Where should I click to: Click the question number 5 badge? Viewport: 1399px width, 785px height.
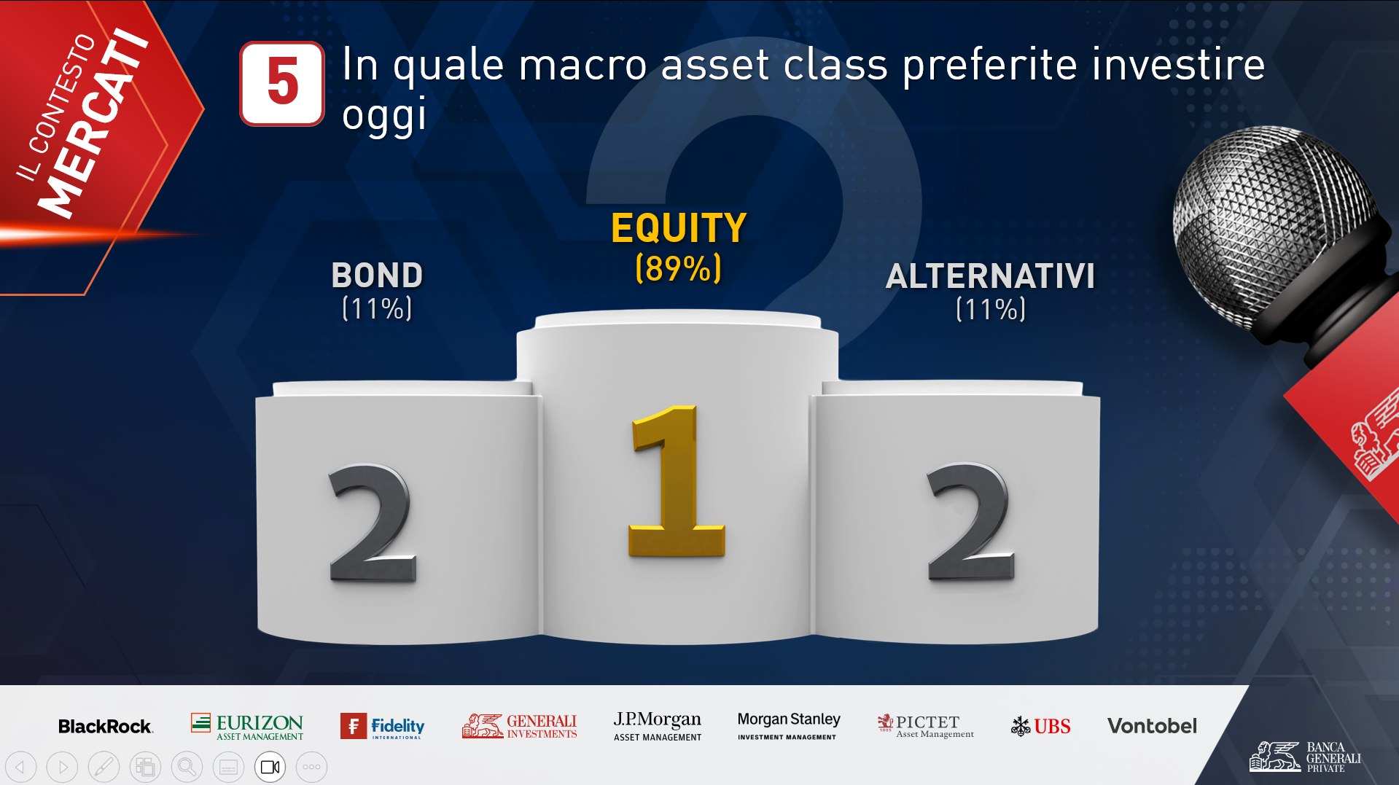click(x=282, y=83)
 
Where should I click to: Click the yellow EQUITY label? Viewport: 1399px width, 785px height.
click(x=679, y=228)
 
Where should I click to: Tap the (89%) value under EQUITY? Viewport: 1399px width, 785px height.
click(x=679, y=268)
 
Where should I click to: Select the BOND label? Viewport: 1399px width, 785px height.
click(x=377, y=276)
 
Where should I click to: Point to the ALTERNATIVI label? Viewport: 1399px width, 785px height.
click(x=990, y=276)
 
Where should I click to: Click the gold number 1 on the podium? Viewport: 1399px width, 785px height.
click(x=674, y=481)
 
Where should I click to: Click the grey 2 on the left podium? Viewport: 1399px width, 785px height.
click(x=373, y=522)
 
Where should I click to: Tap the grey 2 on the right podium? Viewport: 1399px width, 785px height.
click(x=970, y=522)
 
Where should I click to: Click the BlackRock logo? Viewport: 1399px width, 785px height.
click(x=106, y=727)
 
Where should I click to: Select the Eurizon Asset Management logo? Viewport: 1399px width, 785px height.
click(x=247, y=727)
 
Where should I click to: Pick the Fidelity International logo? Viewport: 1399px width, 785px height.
click(x=382, y=726)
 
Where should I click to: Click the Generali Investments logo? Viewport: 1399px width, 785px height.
click(x=519, y=726)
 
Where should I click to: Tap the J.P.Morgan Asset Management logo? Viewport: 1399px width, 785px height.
click(x=658, y=726)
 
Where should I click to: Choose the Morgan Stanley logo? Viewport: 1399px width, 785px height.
click(x=789, y=726)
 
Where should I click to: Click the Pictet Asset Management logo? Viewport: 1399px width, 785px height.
click(x=926, y=726)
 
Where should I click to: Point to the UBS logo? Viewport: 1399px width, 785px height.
click(x=1040, y=726)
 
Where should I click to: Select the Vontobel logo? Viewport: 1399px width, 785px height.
click(x=1152, y=726)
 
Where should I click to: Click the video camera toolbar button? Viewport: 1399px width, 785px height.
click(x=270, y=767)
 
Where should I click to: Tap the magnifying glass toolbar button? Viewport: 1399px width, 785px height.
click(x=187, y=767)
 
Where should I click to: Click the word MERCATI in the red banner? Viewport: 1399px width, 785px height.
click(x=93, y=124)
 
